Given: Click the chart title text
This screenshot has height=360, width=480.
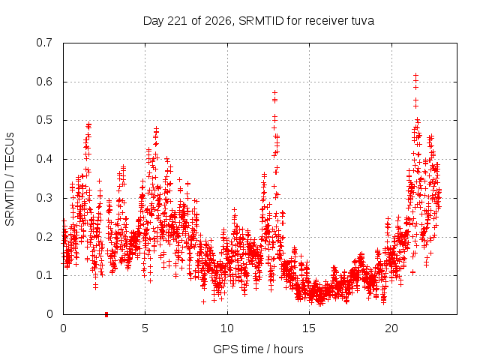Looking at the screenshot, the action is (x=259, y=21).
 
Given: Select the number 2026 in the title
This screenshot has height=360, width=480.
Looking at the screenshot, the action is (x=218, y=21).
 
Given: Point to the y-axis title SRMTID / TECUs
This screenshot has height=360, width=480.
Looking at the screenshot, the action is (x=10, y=179).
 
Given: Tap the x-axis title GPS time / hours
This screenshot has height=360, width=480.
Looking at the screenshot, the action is (x=258, y=349).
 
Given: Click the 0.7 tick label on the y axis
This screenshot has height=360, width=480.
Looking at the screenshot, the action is (x=44, y=43).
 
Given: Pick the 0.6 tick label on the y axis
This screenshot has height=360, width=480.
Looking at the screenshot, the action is (x=44, y=82).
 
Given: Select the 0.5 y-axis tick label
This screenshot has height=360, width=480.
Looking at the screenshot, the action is (x=44, y=120).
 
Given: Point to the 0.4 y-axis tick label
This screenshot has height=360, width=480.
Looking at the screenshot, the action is (x=44, y=159).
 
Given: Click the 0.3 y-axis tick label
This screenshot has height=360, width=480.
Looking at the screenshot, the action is (x=44, y=198).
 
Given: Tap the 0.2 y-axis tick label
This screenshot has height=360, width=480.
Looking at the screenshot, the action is (x=44, y=237).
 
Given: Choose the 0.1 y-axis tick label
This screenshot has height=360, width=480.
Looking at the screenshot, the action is (x=44, y=275).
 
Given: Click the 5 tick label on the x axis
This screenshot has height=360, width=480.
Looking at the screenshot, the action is (x=145, y=328).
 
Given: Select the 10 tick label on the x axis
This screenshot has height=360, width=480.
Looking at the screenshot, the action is (x=227, y=328).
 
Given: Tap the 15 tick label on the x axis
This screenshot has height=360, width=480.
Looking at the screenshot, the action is (x=309, y=328).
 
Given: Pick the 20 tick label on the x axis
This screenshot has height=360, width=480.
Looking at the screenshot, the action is (x=391, y=328).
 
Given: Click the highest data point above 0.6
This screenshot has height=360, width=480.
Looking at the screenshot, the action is (x=415, y=75).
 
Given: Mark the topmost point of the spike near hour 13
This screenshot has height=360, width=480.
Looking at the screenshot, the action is (x=275, y=92).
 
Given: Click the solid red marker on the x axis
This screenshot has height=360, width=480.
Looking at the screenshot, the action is (x=106, y=314).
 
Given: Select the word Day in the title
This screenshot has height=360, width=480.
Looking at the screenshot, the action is (x=154, y=21).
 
